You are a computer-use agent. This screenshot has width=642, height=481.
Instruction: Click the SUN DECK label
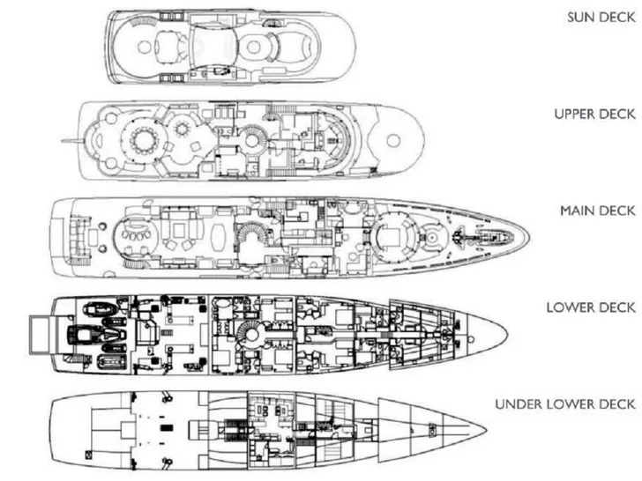point(599,18)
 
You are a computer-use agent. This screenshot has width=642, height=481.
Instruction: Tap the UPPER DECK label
point(594,115)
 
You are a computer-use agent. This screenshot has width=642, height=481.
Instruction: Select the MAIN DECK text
point(597,211)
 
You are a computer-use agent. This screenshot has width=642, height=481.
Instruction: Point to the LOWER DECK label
point(591,307)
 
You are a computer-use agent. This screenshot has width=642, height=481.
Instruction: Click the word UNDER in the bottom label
point(519,404)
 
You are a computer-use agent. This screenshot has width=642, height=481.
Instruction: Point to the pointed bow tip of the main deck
point(527,236)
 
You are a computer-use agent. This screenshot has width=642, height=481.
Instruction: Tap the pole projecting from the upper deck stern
point(71,139)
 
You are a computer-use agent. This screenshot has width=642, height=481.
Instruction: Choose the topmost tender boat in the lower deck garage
point(93,307)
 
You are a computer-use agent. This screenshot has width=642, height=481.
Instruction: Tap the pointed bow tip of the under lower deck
point(487,432)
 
